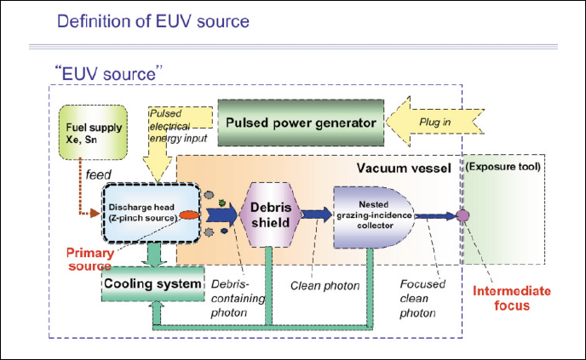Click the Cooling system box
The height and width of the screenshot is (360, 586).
pyautogui.click(x=152, y=283)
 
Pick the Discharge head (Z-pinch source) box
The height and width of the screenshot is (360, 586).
pyautogui.click(x=143, y=213)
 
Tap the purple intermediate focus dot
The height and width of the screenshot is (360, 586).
pyautogui.click(x=462, y=215)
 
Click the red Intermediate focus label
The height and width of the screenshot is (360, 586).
pyautogui.click(x=507, y=299)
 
